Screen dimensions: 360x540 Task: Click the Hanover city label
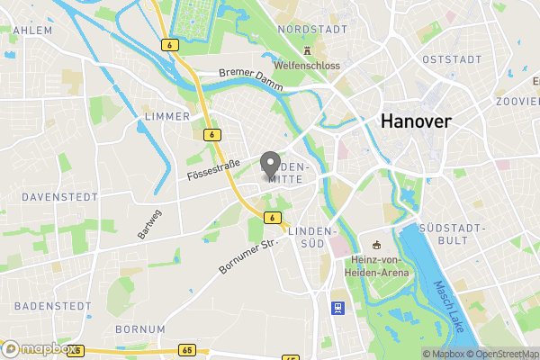(x=415, y=121)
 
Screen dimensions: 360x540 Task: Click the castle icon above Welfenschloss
(x=308, y=50)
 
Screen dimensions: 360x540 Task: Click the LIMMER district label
(x=166, y=116)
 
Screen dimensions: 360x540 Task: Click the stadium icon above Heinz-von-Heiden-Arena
(x=375, y=246)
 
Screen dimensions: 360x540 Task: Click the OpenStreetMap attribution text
(x=507, y=354)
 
